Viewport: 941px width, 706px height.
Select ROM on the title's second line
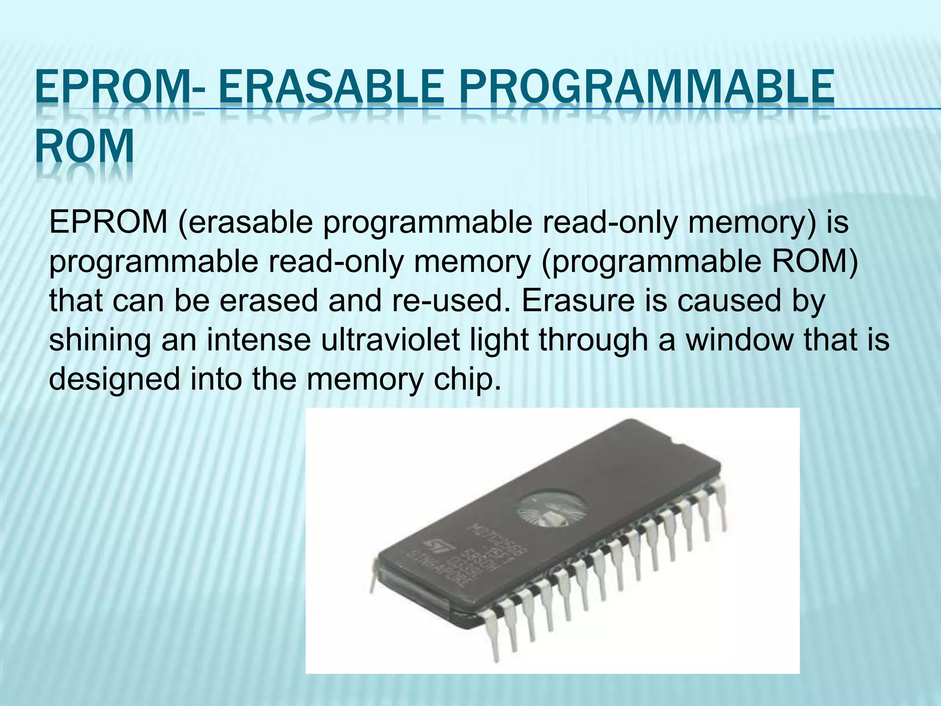pyautogui.click(x=85, y=147)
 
